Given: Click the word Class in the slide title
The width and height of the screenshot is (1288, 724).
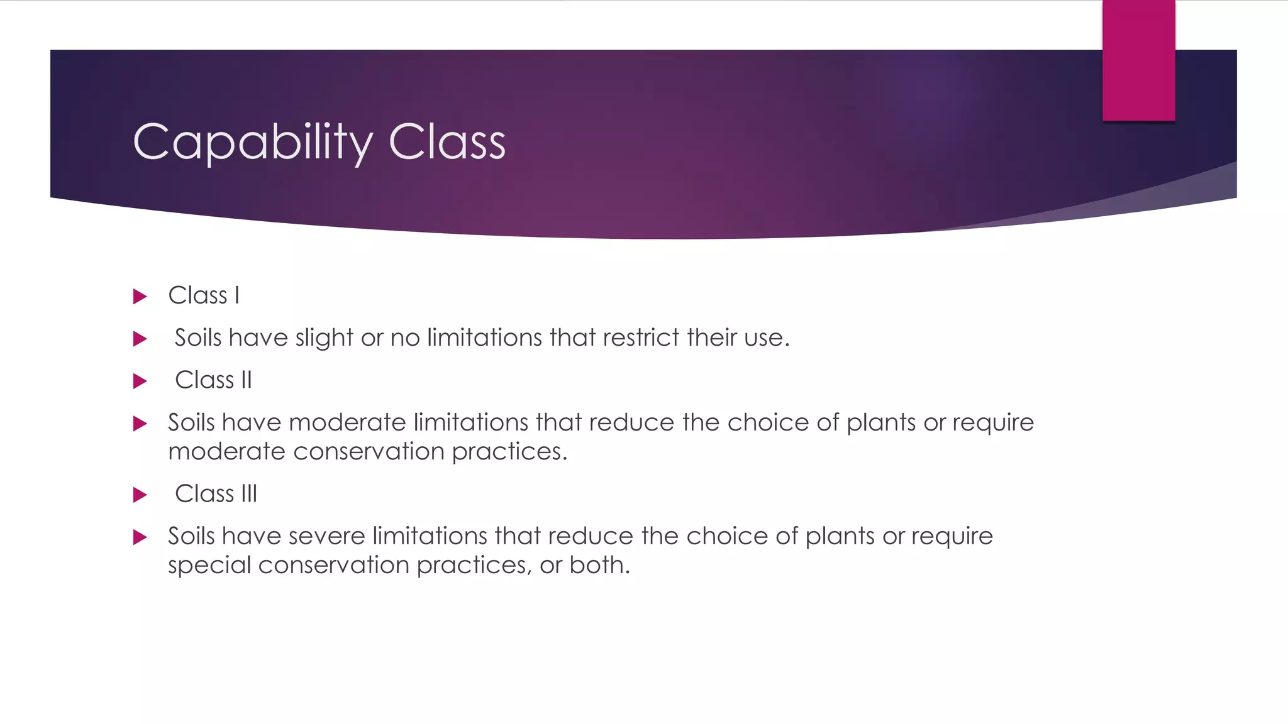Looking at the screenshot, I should click(447, 142).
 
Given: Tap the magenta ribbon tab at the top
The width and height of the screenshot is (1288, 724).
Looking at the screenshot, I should click(1138, 60).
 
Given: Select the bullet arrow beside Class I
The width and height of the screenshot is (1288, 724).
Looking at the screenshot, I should click(140, 296).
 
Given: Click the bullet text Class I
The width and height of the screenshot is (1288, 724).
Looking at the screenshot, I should click(204, 295).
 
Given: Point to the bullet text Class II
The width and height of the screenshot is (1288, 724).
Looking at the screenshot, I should click(213, 380).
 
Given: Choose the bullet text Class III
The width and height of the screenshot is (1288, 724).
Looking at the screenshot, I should click(216, 494).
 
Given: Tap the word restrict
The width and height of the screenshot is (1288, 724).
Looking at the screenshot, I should click(641, 338).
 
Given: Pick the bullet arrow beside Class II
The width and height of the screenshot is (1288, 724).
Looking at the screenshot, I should click(140, 381).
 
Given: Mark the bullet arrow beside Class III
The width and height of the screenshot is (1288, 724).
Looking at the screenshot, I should click(140, 495).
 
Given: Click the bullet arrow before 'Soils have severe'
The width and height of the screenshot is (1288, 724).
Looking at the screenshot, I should click(140, 537).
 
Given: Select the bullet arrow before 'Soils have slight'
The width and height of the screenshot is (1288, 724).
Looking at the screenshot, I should click(140, 339).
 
